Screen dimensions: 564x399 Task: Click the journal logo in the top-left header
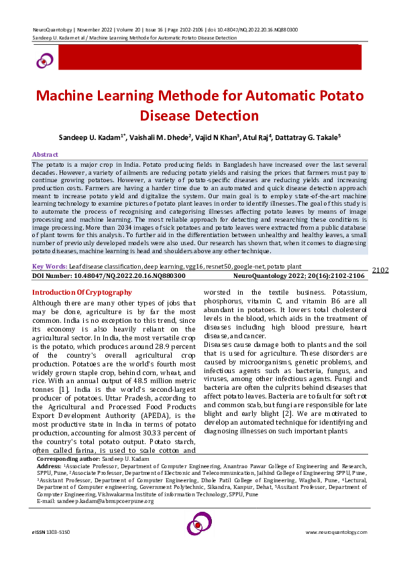click(x=44, y=61)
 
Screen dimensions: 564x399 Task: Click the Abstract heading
click(x=46, y=154)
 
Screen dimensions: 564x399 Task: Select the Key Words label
click(x=50, y=267)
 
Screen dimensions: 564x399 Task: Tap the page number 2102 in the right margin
click(x=380, y=271)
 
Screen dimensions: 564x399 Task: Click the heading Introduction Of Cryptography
click(x=82, y=293)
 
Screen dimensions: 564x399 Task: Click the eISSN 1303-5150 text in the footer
click(x=50, y=532)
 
